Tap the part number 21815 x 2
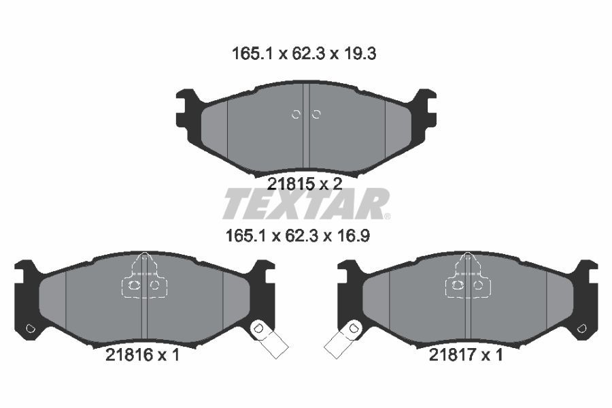click(304, 183)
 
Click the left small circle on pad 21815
click(296, 114)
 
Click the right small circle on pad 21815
click(316, 114)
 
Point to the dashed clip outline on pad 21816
click(143, 278)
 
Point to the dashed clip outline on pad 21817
click(467, 278)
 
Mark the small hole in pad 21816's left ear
click(29, 329)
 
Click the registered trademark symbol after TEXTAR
click(387, 217)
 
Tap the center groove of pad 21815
click(306, 129)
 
